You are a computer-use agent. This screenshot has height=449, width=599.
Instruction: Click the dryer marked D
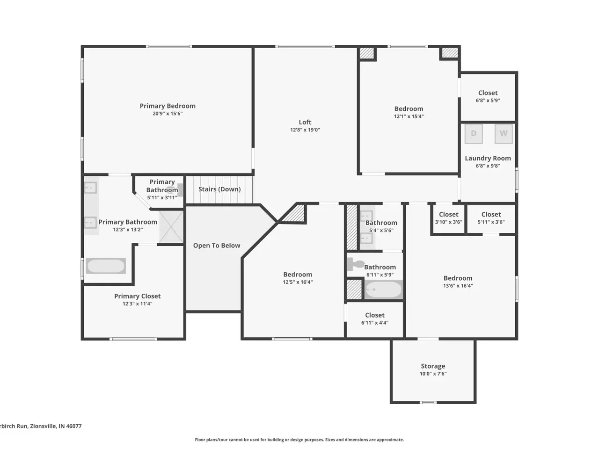[x=474, y=134]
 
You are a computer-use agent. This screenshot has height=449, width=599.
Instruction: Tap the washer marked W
[x=504, y=134]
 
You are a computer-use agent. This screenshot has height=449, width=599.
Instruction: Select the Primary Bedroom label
[x=168, y=106]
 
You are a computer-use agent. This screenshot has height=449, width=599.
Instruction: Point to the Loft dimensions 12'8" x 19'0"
[x=305, y=130]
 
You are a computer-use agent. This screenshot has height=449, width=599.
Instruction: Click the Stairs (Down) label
[x=219, y=189]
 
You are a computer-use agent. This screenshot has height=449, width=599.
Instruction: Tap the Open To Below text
[x=217, y=246]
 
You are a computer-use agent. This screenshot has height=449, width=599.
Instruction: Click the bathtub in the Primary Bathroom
[x=106, y=266]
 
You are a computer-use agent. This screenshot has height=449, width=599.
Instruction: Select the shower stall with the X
[x=171, y=227]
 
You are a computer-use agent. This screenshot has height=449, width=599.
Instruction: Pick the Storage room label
[x=433, y=366]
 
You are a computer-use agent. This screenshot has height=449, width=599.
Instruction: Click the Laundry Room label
[x=488, y=159]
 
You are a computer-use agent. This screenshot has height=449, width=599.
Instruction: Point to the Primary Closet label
[x=137, y=296]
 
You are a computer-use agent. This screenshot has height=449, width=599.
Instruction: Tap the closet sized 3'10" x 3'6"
[x=448, y=218]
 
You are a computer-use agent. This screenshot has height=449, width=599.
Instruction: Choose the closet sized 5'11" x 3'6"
[x=491, y=218]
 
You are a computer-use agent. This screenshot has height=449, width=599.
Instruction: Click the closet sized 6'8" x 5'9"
[x=488, y=96]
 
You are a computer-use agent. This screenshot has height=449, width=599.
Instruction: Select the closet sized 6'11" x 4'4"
[x=375, y=319]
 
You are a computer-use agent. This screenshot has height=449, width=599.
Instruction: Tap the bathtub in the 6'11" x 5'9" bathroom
[x=383, y=289]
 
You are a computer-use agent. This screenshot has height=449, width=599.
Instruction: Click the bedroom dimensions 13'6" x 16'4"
[x=458, y=286]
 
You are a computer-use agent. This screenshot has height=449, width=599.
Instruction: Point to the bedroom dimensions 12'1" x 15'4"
[x=409, y=116]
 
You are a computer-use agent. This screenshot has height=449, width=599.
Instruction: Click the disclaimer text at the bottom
[x=299, y=440]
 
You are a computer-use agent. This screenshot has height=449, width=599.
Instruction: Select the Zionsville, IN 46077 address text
[x=56, y=426]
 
